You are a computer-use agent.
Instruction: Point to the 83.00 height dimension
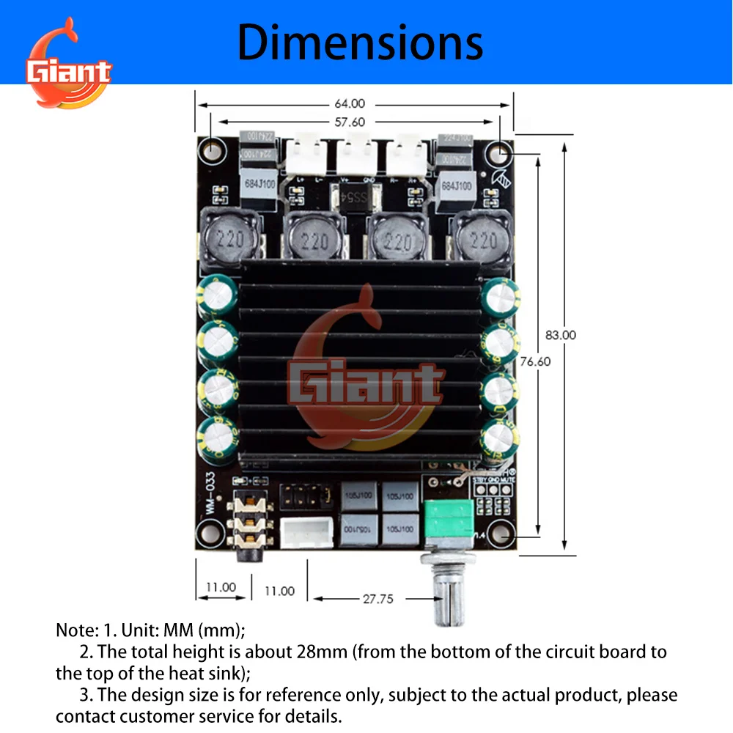(560, 335)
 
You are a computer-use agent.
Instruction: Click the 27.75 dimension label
(377, 598)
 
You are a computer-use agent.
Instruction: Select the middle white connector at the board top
(355, 155)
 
